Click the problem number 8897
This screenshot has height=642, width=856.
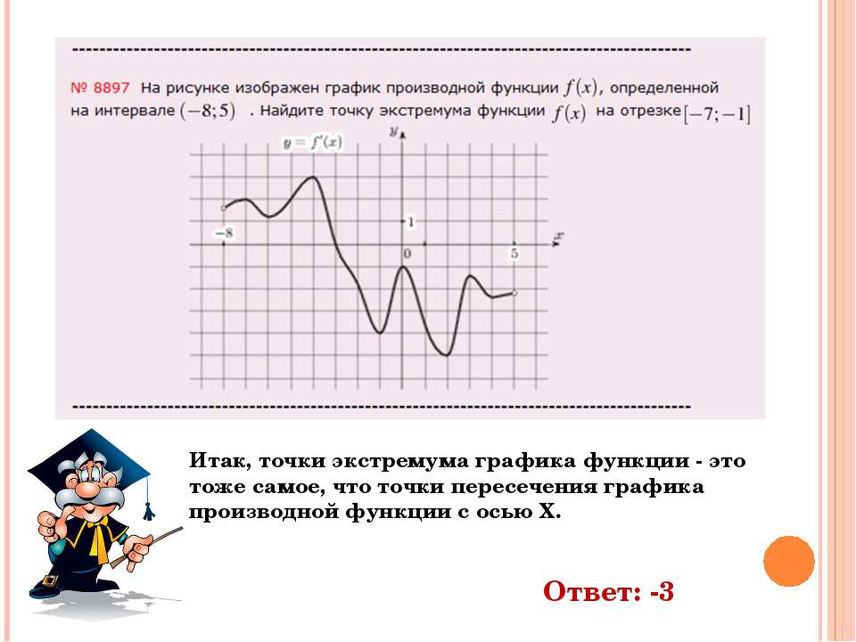(101, 88)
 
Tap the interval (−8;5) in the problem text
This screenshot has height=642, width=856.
(208, 111)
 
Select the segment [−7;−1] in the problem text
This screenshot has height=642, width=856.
(717, 115)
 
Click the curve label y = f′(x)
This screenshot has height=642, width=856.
(313, 144)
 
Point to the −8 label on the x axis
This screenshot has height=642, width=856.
(224, 233)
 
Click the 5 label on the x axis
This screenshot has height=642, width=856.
(514, 253)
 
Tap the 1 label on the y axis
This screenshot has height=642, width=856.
(411, 222)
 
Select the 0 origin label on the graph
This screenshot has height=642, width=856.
(407, 253)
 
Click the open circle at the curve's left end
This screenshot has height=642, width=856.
(223, 208)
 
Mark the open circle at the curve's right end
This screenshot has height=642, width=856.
(514, 293)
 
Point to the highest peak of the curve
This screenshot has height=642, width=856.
(313, 177)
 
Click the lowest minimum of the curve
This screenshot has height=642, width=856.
(447, 355)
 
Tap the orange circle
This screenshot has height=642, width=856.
(789, 561)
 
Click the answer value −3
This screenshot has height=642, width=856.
(663, 591)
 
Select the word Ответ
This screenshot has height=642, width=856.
(592, 591)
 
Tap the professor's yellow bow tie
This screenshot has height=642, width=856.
(98, 538)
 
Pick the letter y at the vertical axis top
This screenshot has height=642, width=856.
(393, 131)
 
